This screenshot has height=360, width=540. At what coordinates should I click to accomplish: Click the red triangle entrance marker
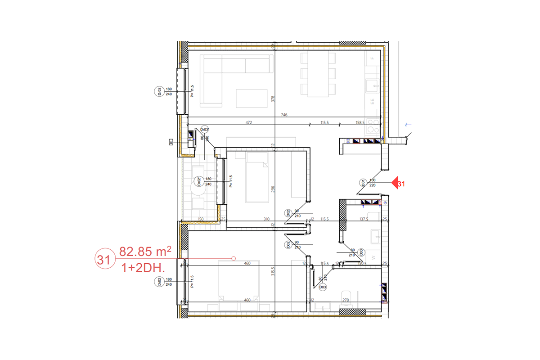[396, 183]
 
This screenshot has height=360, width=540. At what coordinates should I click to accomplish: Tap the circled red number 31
[104, 260]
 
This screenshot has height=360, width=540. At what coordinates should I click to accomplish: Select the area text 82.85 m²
[145, 252]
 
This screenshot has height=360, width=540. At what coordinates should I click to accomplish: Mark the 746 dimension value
[284, 115]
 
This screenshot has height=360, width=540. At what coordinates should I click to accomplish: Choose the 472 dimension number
[248, 122]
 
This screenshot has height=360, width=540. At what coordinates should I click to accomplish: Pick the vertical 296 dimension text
[273, 189]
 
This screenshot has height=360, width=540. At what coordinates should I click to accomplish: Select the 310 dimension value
[266, 220]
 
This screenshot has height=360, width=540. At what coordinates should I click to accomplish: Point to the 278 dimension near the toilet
[346, 300]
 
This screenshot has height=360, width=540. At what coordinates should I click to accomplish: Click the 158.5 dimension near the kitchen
[360, 122]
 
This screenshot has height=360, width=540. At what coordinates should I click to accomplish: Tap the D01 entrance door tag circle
[363, 183]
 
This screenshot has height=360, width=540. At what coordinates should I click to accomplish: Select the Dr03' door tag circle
[204, 130]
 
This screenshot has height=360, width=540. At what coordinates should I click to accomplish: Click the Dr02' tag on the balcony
[198, 181]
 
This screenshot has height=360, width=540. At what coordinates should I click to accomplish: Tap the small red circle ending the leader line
[233, 258]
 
